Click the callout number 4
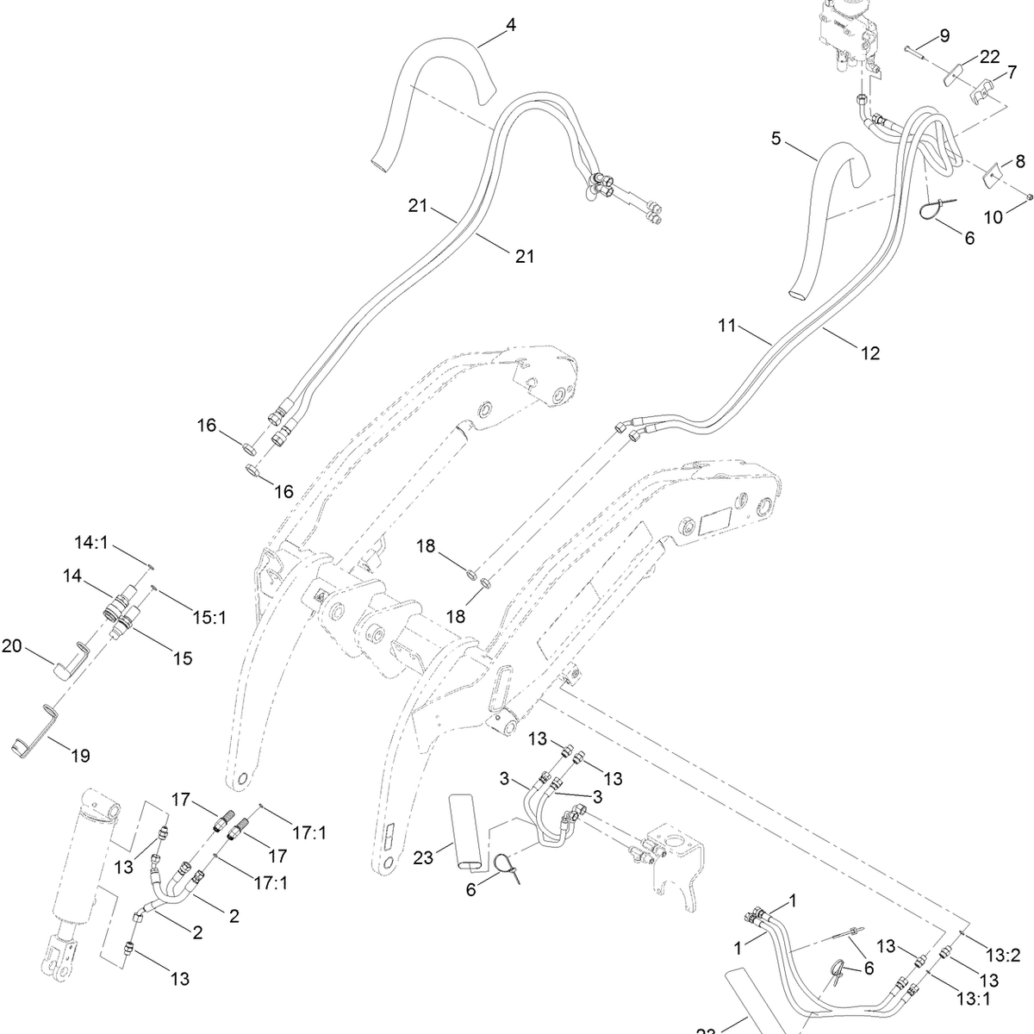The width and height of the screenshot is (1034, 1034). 511,25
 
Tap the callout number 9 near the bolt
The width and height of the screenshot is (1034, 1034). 944,35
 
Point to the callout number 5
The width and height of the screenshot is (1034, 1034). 775,138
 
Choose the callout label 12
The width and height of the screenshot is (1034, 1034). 870,352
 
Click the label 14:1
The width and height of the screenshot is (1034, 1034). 91,543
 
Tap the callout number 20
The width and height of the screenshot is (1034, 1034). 12,645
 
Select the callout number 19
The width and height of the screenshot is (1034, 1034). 80,757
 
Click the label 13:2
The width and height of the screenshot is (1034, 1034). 1003,955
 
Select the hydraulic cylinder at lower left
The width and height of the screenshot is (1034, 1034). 86,870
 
